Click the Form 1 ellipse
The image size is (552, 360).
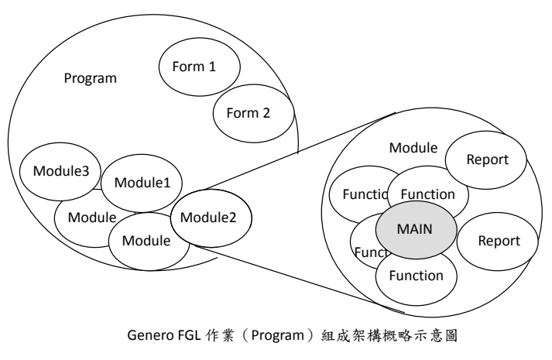pyautogui.click(x=199, y=66)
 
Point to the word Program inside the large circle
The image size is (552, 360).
pyautogui.click(x=91, y=77)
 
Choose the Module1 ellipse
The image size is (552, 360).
pyautogui.click(x=142, y=183)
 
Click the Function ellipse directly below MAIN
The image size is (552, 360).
pyautogui.click(x=417, y=276)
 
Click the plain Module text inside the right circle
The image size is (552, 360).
pyautogui.click(x=413, y=147)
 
